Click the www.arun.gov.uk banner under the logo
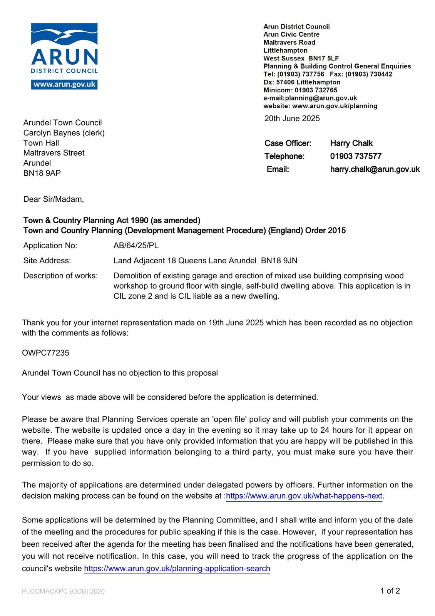[64, 84]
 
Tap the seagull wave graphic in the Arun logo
[64, 35]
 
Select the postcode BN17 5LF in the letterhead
[323, 58]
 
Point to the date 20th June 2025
[292, 119]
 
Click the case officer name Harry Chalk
[351, 143]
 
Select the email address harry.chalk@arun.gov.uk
[375, 169]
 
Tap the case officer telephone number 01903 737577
[356, 156]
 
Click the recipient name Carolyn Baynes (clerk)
[64, 133]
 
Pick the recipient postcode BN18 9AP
[42, 173]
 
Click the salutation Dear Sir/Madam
[54, 199]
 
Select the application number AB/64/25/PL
[136, 246]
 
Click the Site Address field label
[47, 261]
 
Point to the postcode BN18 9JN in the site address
[279, 261]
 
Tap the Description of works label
[60, 276]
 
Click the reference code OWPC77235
[45, 353]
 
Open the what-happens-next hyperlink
[304, 496]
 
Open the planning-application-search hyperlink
[177, 569]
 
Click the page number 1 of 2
[390, 591]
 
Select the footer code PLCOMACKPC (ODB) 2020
[63, 591]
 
